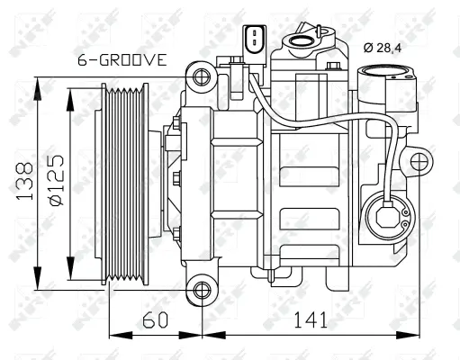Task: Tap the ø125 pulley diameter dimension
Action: (56, 184)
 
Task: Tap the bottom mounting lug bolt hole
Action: (203, 290)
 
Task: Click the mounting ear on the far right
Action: (419, 162)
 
